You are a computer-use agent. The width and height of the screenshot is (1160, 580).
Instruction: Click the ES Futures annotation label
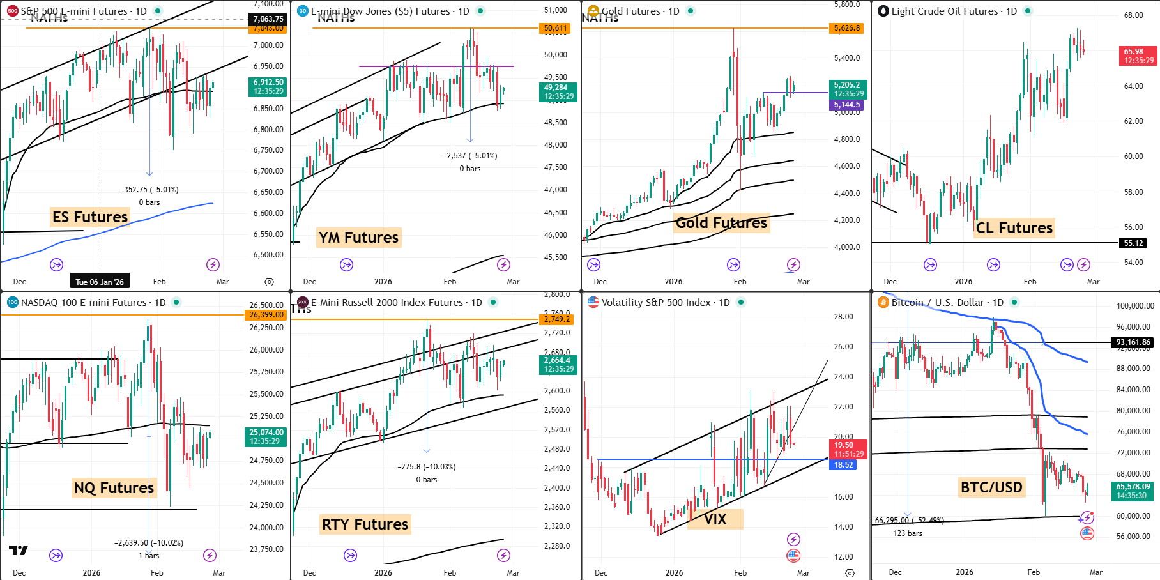pos(90,217)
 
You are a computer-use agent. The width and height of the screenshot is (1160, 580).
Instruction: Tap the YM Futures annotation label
pos(358,238)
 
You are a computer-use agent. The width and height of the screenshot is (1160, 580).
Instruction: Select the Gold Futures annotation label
pos(721,223)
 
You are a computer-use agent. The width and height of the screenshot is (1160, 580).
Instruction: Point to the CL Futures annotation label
pos(1014,228)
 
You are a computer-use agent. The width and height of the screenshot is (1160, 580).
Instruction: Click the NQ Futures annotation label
pos(114,488)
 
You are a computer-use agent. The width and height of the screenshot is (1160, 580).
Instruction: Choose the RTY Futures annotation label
pos(365,524)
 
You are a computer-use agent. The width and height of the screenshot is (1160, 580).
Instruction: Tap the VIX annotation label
pos(715,519)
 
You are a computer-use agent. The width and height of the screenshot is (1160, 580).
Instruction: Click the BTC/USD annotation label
pos(991,487)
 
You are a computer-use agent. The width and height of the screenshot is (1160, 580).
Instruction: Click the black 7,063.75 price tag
pos(268,19)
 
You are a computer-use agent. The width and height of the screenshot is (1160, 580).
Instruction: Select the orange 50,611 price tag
pos(555,28)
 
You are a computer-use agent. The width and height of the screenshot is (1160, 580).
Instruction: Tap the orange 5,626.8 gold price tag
pos(847,28)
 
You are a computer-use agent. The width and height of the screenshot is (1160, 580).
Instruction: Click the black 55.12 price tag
pos(1134,243)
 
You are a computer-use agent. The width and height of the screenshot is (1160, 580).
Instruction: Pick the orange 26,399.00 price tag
pos(266,315)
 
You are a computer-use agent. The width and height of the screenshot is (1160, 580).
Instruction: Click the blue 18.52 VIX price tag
pos(843,465)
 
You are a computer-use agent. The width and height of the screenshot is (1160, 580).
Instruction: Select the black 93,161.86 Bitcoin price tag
pos(1133,342)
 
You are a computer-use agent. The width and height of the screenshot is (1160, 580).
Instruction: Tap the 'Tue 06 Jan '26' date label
pos(100,282)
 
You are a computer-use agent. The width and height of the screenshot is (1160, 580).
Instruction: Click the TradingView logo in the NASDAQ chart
pos(19,551)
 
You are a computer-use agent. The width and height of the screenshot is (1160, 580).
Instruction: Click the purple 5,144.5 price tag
pos(846,105)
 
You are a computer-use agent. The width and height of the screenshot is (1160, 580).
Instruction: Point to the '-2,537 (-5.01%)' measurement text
pos(470,156)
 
